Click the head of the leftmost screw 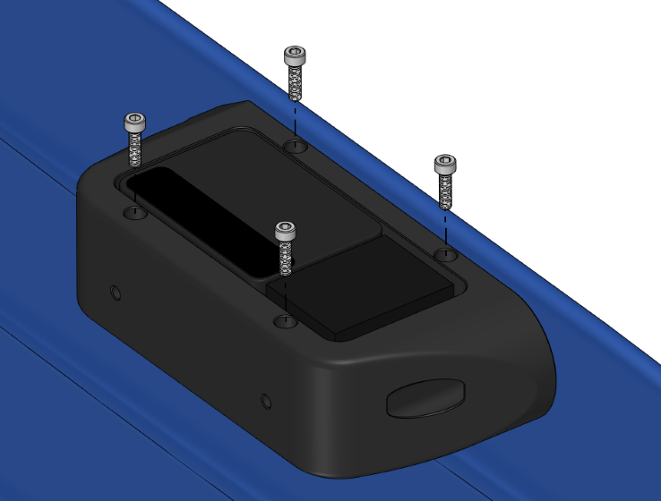(134, 122)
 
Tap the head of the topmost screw (295, 55)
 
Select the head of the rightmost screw (445, 164)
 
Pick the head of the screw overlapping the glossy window (285, 231)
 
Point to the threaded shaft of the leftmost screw (135, 149)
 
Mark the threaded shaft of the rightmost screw (445, 191)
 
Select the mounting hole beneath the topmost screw (296, 145)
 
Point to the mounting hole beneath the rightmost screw (446, 255)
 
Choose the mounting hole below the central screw (285, 320)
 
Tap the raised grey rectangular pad (368, 284)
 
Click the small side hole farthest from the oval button (115, 293)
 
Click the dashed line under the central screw (285, 295)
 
